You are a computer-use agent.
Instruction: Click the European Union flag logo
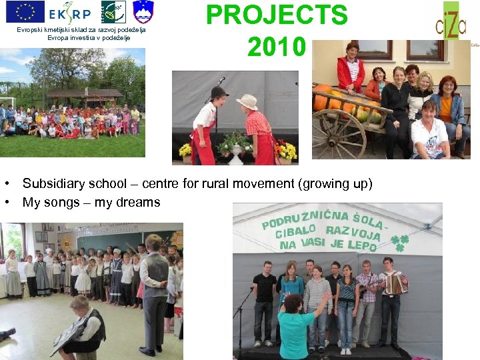25,11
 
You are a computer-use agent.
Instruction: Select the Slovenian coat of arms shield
143,12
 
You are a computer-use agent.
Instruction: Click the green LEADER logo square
113,12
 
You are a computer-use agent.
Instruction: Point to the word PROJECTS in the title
277,15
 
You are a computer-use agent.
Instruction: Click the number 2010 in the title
276,47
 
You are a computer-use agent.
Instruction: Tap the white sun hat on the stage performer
247,101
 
